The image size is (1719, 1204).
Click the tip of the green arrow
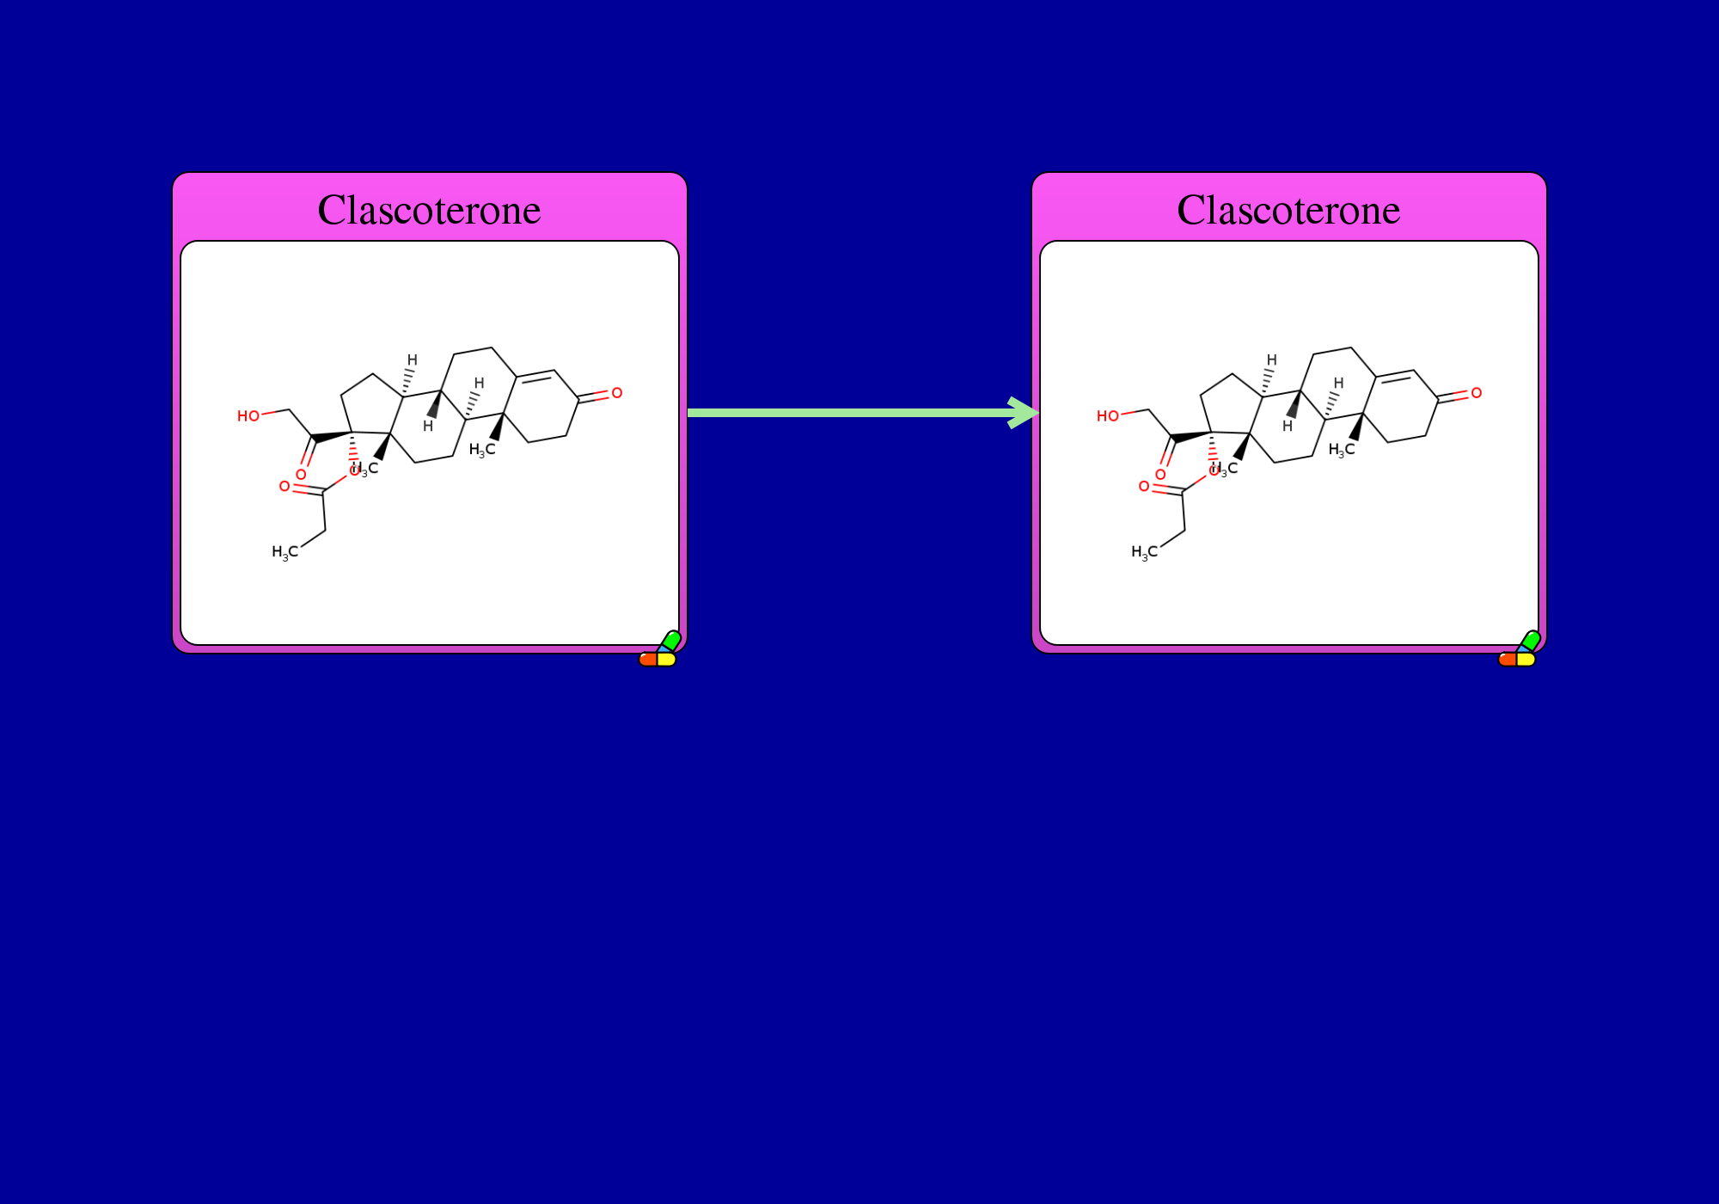click(1039, 413)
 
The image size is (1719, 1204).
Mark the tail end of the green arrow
click(688, 413)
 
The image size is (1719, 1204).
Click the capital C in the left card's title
click(331, 210)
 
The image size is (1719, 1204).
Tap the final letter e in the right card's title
click(1391, 212)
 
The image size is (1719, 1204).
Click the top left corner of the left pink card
click(173, 173)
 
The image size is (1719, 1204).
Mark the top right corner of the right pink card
click(1546, 173)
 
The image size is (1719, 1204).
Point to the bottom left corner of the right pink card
click(1032, 653)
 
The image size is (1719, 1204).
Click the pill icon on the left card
click(660, 648)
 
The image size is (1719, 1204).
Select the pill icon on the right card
click(1520, 648)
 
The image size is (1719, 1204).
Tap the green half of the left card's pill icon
click(671, 640)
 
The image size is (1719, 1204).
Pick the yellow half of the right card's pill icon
click(1526, 660)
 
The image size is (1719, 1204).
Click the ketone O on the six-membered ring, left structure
click(616, 393)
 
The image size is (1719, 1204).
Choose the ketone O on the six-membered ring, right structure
click(1476, 393)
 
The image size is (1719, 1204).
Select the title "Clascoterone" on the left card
click(430, 210)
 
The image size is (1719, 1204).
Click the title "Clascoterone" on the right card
click(1289, 210)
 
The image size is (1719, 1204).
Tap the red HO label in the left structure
click(248, 416)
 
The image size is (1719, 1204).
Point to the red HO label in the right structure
click(1108, 416)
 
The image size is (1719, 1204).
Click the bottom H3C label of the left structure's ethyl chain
click(285, 552)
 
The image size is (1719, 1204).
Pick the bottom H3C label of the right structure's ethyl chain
click(1145, 552)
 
